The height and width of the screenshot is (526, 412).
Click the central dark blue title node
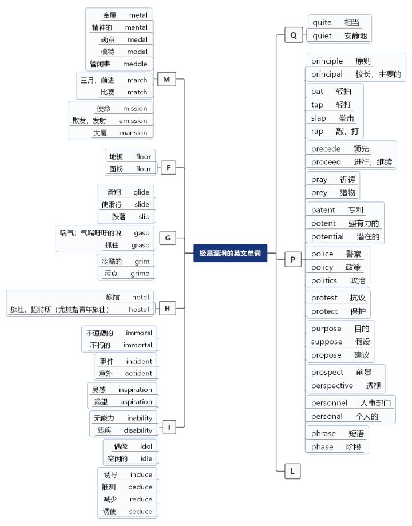point(231,254)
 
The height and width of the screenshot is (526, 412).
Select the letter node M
point(167,80)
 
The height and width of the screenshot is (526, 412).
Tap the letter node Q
point(293,35)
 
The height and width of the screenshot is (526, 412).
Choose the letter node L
point(292,472)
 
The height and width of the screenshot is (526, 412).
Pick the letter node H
point(167,309)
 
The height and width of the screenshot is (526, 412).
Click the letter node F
point(168,168)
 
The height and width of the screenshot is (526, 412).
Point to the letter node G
point(168,238)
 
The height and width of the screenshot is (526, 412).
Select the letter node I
point(169,426)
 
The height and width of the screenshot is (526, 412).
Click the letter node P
point(292,260)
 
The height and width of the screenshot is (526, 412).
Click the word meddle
point(135,64)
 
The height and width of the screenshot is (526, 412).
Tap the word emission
point(133,121)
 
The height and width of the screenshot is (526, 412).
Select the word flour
point(144,169)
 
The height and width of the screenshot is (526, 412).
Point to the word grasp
point(140,245)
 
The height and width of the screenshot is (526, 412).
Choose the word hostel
point(139,310)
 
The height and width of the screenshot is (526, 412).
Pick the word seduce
point(141,511)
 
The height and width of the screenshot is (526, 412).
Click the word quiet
point(322,36)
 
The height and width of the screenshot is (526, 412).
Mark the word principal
point(327,74)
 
